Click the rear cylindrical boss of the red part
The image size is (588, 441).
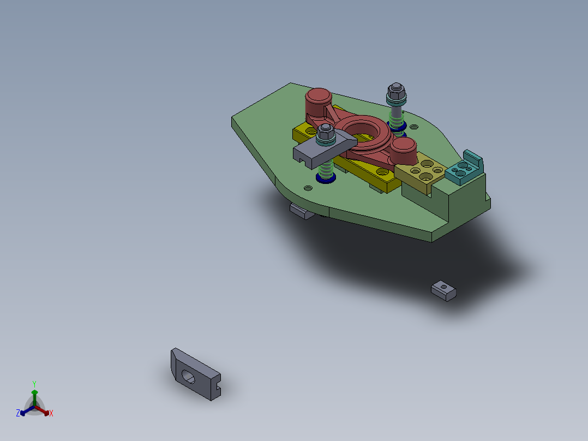(x=318, y=101)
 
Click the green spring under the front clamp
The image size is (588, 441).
(x=326, y=170)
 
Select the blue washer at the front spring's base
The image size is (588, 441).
(x=326, y=180)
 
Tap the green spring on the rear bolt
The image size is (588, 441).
(x=397, y=116)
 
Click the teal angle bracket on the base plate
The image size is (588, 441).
(x=465, y=169)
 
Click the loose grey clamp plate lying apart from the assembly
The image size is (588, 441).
(x=195, y=375)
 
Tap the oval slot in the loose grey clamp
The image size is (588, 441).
(x=188, y=376)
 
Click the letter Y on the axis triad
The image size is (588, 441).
(x=34, y=383)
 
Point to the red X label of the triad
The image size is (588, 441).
(x=51, y=414)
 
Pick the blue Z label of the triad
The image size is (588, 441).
(x=17, y=414)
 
